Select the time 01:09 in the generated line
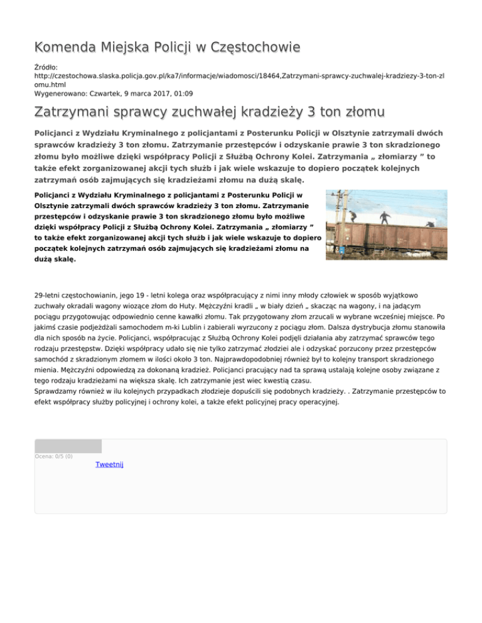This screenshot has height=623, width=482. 165,93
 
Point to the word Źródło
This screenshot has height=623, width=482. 45,65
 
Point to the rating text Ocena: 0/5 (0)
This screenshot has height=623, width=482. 54,456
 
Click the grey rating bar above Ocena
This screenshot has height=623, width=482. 68,446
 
